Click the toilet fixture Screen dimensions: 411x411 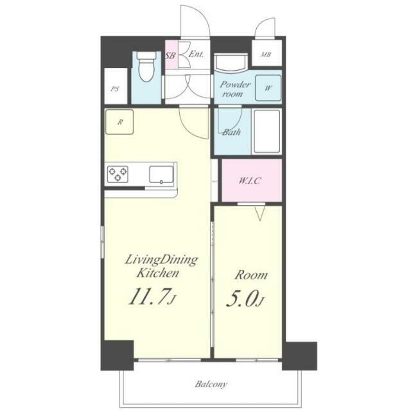146,66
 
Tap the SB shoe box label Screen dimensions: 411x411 170,55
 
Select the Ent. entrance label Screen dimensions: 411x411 196,54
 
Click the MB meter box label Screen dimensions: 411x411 265,55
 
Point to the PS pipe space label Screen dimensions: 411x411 115,89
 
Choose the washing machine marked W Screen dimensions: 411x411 268,88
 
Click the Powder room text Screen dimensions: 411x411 234,89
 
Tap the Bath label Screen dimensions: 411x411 231,132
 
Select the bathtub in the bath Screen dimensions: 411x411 267,131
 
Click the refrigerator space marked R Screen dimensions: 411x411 119,122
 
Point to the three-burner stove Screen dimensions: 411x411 118,174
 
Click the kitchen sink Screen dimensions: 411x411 161,174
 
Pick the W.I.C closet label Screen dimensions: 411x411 250,181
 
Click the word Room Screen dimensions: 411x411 251,275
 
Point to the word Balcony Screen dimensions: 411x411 211,384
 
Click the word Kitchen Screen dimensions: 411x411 158,273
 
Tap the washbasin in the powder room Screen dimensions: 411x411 231,63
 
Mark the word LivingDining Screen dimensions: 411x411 161,260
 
